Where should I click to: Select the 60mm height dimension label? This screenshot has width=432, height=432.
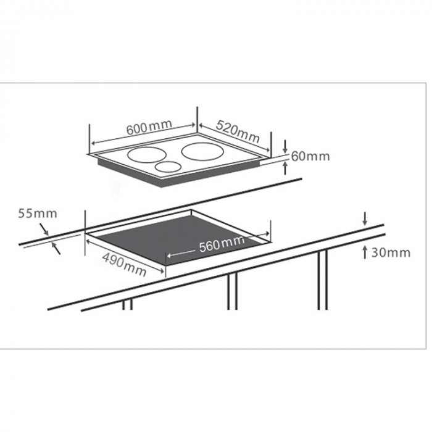(x=310, y=156)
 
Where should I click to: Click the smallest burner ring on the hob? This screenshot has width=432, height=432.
(x=167, y=166)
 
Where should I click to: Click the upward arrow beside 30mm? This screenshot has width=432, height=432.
(x=365, y=251)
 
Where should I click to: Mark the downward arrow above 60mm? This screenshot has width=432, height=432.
(x=285, y=147)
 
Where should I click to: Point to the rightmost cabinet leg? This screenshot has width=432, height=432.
(x=322, y=281)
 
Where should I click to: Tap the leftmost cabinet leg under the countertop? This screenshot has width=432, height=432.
(x=127, y=304)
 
